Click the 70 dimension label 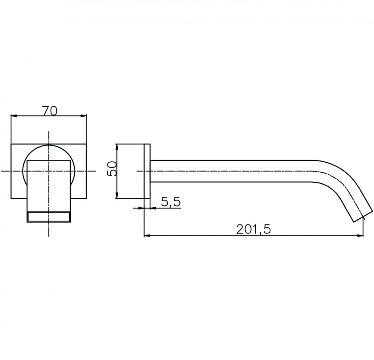(x=50, y=111)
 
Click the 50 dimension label (x=112, y=168)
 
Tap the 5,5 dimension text (x=171, y=202)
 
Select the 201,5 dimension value (x=253, y=230)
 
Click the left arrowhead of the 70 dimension (x=14, y=116)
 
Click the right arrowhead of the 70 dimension (x=84, y=116)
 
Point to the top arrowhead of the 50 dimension (x=116, y=147)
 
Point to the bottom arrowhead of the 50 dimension (x=116, y=195)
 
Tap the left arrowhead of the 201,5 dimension (x=147, y=236)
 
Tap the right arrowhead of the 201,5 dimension (x=360, y=236)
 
